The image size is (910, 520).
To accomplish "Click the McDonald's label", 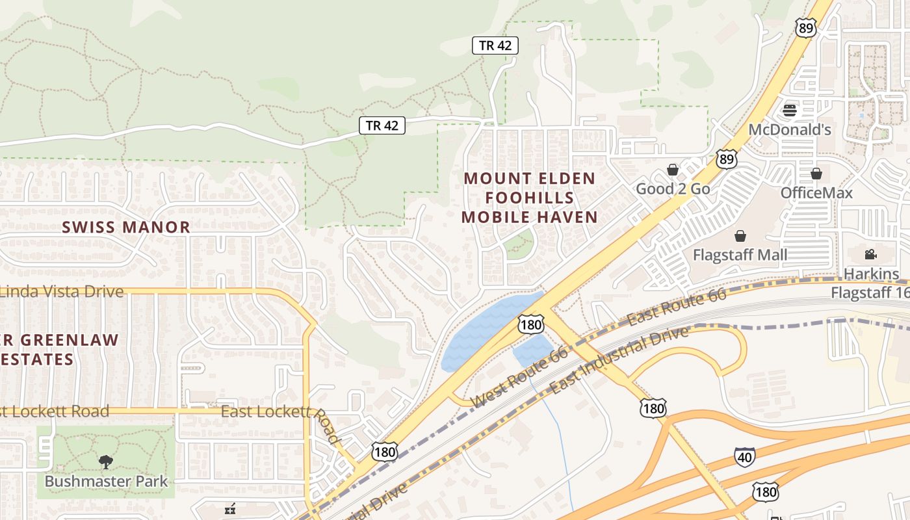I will [790, 129].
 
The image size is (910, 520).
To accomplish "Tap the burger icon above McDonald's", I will [790, 110].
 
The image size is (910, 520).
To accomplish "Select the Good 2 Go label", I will [673, 189].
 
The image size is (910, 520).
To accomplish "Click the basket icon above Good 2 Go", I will [673, 170].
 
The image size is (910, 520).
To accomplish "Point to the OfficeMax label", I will [816, 193].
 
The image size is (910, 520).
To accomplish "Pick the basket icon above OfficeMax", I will [816, 174].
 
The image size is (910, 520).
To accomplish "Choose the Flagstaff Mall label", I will [740, 255].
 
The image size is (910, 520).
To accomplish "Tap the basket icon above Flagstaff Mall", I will [740, 235].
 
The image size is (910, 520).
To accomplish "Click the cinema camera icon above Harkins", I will [871, 254].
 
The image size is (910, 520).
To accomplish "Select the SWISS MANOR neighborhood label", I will [126, 227].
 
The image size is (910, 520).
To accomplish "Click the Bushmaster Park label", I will [106, 482].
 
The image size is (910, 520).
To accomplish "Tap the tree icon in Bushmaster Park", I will [105, 462].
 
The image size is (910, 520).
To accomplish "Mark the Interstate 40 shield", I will [745, 456].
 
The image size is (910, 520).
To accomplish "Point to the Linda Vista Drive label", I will [62, 291].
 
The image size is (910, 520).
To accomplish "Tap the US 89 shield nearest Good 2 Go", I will [727, 159].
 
